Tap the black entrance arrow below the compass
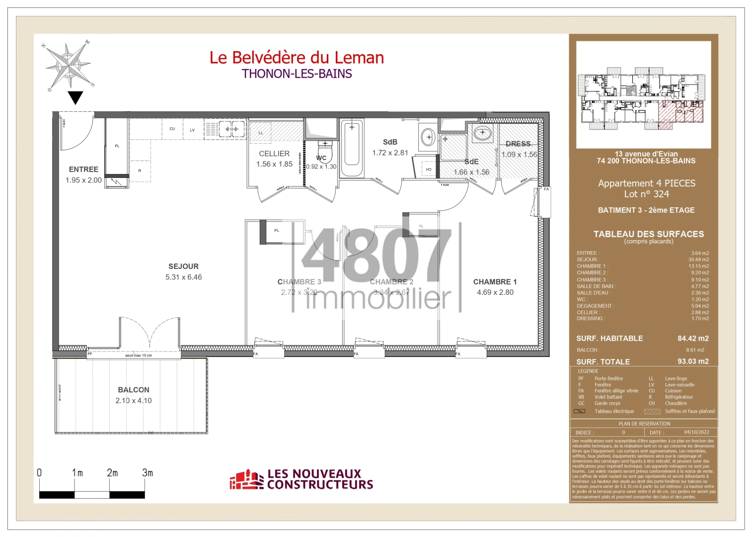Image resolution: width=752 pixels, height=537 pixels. pyautogui.click(x=75, y=97)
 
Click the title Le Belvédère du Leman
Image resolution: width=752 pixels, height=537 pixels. pyautogui.click(x=297, y=58)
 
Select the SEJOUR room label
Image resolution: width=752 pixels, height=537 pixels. pyautogui.click(x=183, y=267)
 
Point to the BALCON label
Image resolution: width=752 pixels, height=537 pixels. pyautogui.click(x=134, y=390)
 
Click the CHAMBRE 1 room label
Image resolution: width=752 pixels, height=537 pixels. pyautogui.click(x=495, y=282)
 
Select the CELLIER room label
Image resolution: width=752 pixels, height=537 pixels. pyautogui.click(x=274, y=154)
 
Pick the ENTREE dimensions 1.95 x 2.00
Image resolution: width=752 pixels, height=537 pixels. pyautogui.click(x=83, y=180)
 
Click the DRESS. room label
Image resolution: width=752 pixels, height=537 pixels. pyautogui.click(x=519, y=144)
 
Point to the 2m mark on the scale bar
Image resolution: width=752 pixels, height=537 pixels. pyautogui.click(x=112, y=473)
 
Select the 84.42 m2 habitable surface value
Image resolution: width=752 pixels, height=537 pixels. pyautogui.click(x=693, y=339)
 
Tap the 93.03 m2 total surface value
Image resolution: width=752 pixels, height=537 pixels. pyautogui.click(x=693, y=361)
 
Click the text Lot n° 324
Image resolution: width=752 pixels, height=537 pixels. pyautogui.click(x=646, y=194)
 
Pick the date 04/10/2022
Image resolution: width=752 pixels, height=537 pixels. pyautogui.click(x=696, y=432)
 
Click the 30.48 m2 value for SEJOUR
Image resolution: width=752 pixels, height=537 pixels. pyautogui.click(x=698, y=260)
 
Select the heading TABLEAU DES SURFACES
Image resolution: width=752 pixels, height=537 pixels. pyautogui.click(x=648, y=234)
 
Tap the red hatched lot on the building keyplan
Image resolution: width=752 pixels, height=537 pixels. pyautogui.click(x=680, y=112)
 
